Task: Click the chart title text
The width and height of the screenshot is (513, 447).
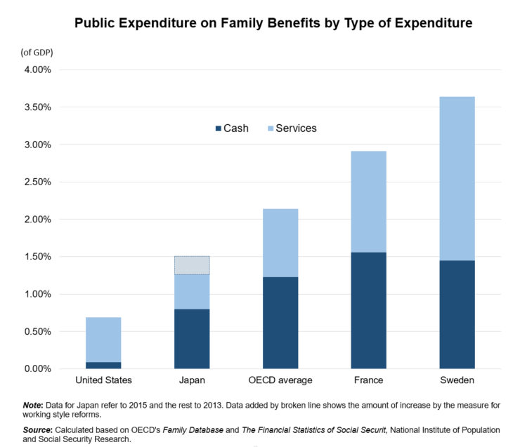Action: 273,23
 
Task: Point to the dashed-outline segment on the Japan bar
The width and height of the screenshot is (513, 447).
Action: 191,265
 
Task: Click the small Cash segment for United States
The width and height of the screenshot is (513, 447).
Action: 103,365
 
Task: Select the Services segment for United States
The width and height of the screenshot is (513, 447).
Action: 103,340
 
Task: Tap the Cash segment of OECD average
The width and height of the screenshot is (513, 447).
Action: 280,323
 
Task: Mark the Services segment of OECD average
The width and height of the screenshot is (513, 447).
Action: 280,243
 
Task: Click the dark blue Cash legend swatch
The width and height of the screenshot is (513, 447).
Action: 218,128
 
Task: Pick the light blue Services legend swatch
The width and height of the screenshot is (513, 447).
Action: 270,128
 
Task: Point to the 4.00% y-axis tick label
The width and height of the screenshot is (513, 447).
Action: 37,70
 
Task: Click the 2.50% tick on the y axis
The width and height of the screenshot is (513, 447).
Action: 37,182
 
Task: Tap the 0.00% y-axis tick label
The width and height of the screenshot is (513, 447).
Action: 37,368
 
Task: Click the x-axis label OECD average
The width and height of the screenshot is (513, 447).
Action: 280,380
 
